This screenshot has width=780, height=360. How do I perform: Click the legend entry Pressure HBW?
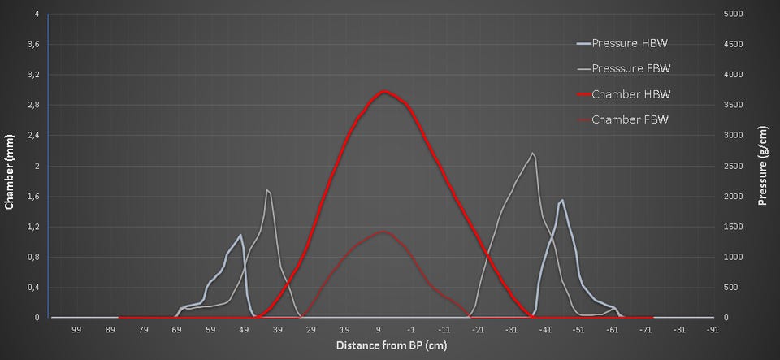(x=631, y=43)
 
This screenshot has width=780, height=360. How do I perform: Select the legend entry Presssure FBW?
(x=631, y=68)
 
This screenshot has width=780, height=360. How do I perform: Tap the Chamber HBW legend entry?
(x=630, y=94)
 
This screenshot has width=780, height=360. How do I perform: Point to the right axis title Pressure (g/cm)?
(x=764, y=166)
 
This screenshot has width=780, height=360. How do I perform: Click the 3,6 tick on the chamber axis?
(x=32, y=45)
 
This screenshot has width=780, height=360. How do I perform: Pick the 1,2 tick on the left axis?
(x=32, y=227)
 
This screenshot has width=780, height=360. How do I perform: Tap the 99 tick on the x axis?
(x=76, y=330)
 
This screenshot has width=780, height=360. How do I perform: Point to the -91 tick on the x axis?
(x=713, y=330)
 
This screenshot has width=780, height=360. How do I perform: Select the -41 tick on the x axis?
(x=545, y=330)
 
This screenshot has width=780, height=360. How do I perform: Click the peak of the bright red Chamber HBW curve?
(x=384, y=92)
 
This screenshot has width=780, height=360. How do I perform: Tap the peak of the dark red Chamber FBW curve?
(x=383, y=232)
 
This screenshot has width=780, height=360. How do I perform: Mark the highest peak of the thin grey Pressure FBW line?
(x=533, y=153)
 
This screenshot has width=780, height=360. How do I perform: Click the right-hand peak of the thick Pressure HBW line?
(x=562, y=200)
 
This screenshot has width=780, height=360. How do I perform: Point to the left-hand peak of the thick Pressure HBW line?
(x=240, y=235)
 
